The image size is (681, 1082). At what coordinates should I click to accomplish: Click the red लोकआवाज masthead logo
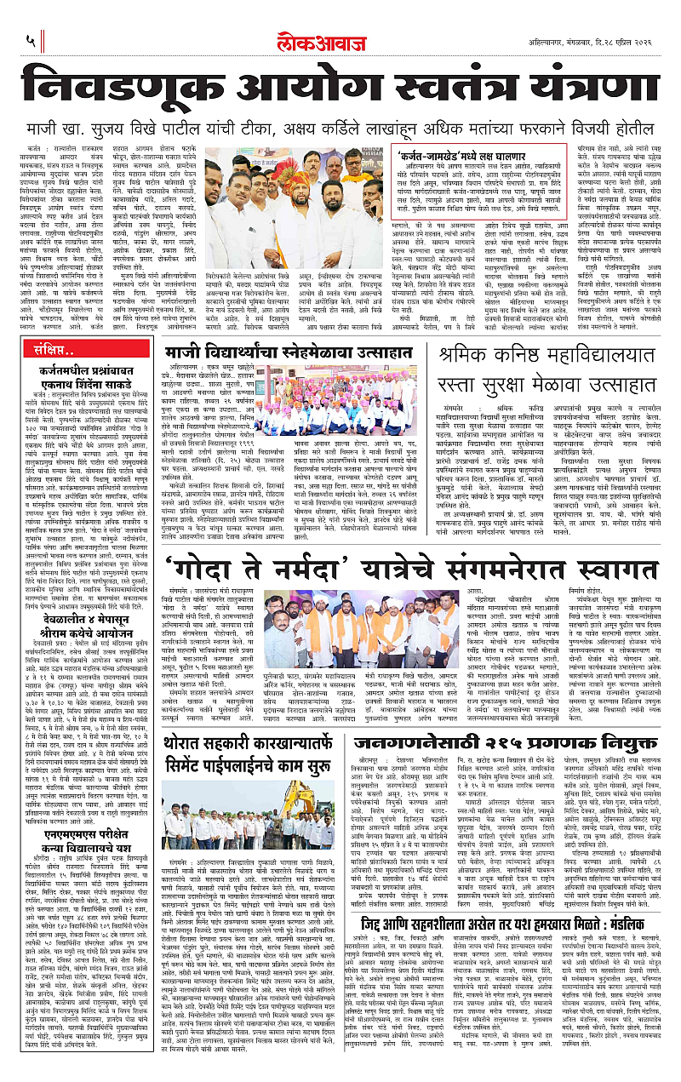pyautogui.click(x=340, y=38)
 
